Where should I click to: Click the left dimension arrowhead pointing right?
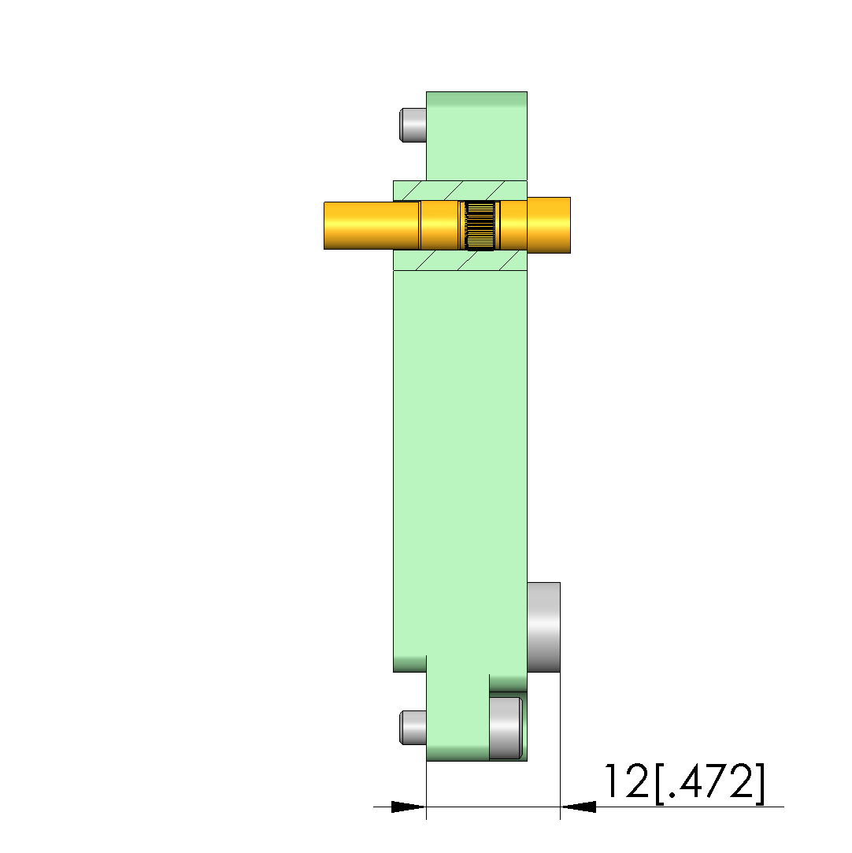tap(409, 807)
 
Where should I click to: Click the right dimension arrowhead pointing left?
tap(578, 807)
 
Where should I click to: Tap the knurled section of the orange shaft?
tap(480, 225)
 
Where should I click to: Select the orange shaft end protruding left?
tap(358, 226)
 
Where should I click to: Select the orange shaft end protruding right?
tap(549, 225)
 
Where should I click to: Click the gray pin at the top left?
tap(413, 125)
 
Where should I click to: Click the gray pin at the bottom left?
tap(413, 727)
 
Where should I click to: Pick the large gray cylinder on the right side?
tap(543, 627)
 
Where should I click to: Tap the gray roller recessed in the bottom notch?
tap(506, 728)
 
